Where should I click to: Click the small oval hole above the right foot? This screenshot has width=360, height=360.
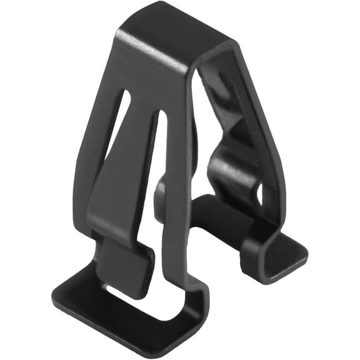pos(260,196)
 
